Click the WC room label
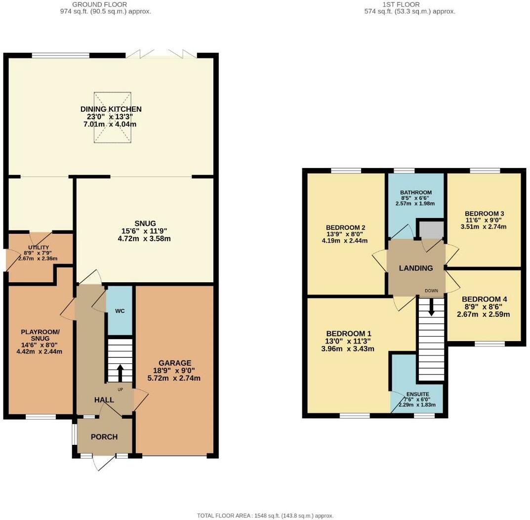[x=120, y=311]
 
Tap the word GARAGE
[x=175, y=363]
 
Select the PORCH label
[x=104, y=437]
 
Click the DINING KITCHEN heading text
[x=111, y=109]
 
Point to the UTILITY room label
[x=39, y=247]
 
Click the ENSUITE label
[x=418, y=394]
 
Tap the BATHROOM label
[x=416, y=192]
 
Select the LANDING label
[x=416, y=268]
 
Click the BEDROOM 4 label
[x=484, y=299]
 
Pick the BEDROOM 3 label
[x=485, y=214]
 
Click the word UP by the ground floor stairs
[x=121, y=390]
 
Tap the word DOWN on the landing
[x=431, y=291]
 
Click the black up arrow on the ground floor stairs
[x=120, y=373]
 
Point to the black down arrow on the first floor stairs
[x=431, y=307]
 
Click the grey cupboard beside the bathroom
[x=431, y=230]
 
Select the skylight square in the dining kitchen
[x=113, y=118]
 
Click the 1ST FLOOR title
[x=401, y=4]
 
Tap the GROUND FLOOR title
[x=100, y=4]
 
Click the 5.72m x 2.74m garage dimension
[x=174, y=378]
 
